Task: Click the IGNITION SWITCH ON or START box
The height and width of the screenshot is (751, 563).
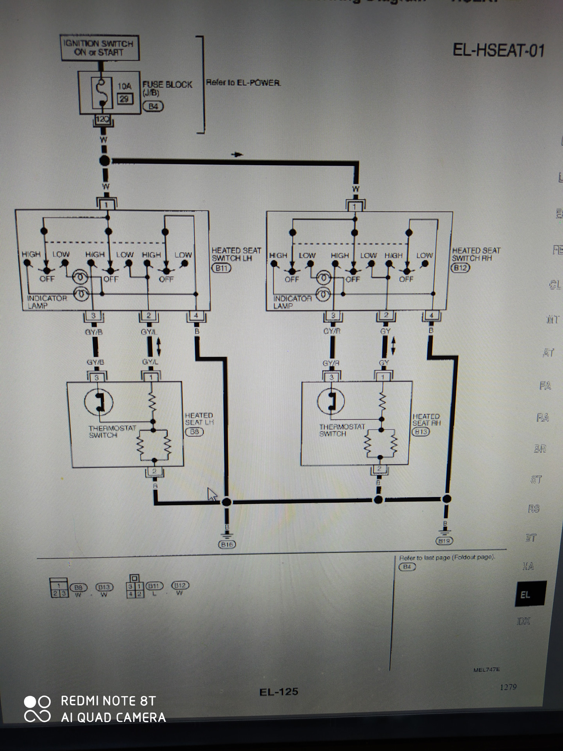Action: [100, 48]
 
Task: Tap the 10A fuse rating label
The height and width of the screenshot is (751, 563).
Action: [124, 86]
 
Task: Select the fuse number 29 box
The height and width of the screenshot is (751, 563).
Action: [125, 99]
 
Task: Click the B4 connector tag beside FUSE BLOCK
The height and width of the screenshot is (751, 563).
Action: [153, 106]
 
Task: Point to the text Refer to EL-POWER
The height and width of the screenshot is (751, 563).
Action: [243, 83]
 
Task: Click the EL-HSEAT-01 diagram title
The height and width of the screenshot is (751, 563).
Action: [498, 50]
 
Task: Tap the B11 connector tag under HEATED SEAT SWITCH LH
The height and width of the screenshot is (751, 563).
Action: [221, 268]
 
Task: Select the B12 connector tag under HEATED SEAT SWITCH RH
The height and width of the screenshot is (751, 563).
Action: [460, 268]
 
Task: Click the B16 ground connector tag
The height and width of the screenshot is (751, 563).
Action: [227, 544]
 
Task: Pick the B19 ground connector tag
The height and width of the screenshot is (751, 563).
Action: [444, 541]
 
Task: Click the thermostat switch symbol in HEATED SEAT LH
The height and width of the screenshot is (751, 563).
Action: [99, 402]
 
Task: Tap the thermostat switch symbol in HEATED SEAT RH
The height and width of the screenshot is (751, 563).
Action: [331, 401]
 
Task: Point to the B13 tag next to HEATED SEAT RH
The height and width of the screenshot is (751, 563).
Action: [421, 432]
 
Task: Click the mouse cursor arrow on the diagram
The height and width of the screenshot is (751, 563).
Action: [212, 494]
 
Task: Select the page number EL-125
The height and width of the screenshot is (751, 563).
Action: [278, 692]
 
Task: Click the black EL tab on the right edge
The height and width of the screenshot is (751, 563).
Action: [530, 594]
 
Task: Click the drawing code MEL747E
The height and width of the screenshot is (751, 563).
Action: [486, 670]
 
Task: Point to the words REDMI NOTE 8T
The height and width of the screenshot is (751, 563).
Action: [108, 701]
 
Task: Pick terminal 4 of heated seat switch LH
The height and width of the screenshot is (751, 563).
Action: [196, 316]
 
